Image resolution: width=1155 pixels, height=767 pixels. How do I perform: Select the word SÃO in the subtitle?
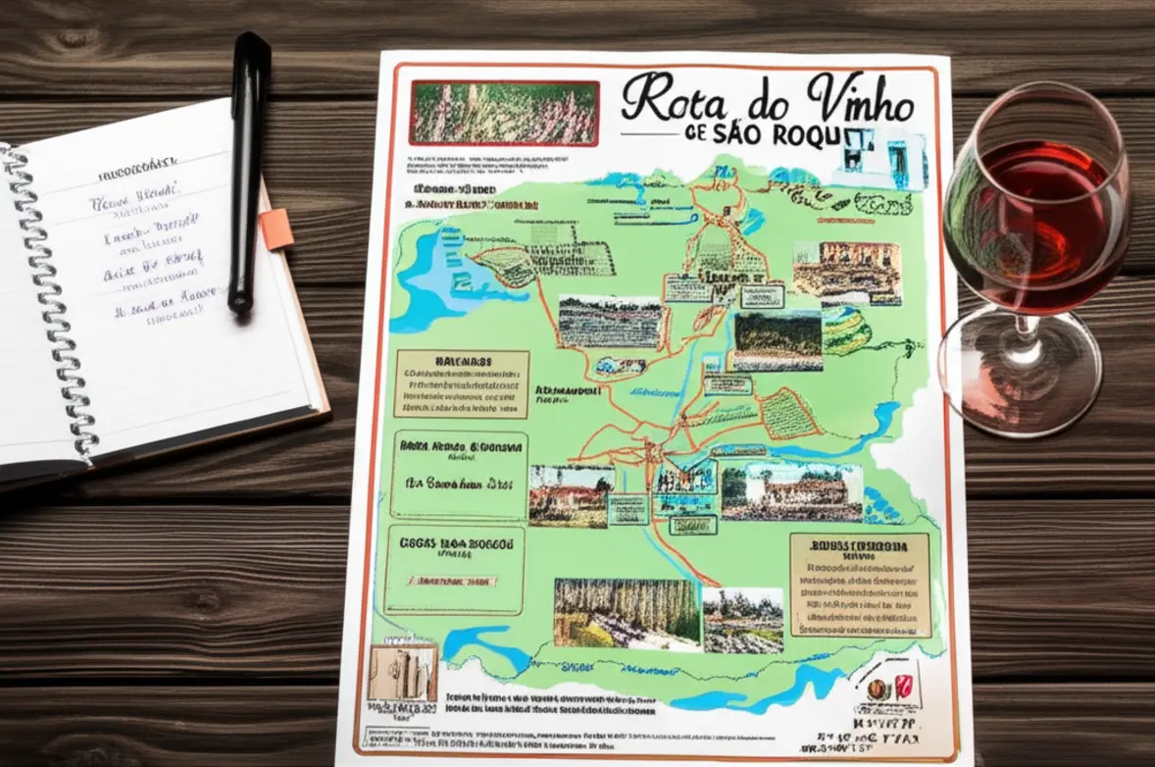tap(750, 135)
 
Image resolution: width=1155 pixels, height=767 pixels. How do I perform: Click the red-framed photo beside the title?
tap(505, 112)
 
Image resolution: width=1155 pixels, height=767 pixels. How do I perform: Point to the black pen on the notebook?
tap(249, 172)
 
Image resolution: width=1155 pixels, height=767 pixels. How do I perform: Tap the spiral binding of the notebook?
tap(49, 304)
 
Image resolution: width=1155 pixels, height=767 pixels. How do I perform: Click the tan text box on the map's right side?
tap(860, 585)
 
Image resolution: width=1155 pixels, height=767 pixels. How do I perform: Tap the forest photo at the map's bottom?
tap(627, 613)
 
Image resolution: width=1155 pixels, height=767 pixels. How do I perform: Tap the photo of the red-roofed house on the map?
tap(571, 495)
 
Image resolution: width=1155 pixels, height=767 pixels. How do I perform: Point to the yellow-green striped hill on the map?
tap(846, 331)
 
